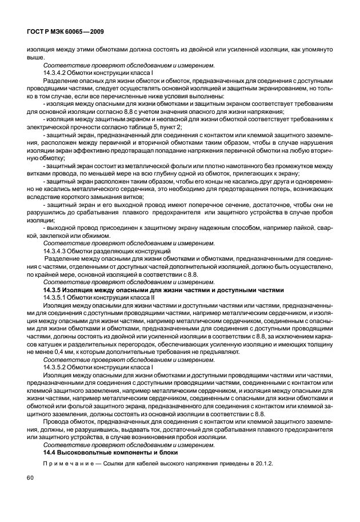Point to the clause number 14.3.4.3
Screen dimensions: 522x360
[x=58, y=250]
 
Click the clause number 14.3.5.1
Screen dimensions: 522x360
[x=58, y=298]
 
